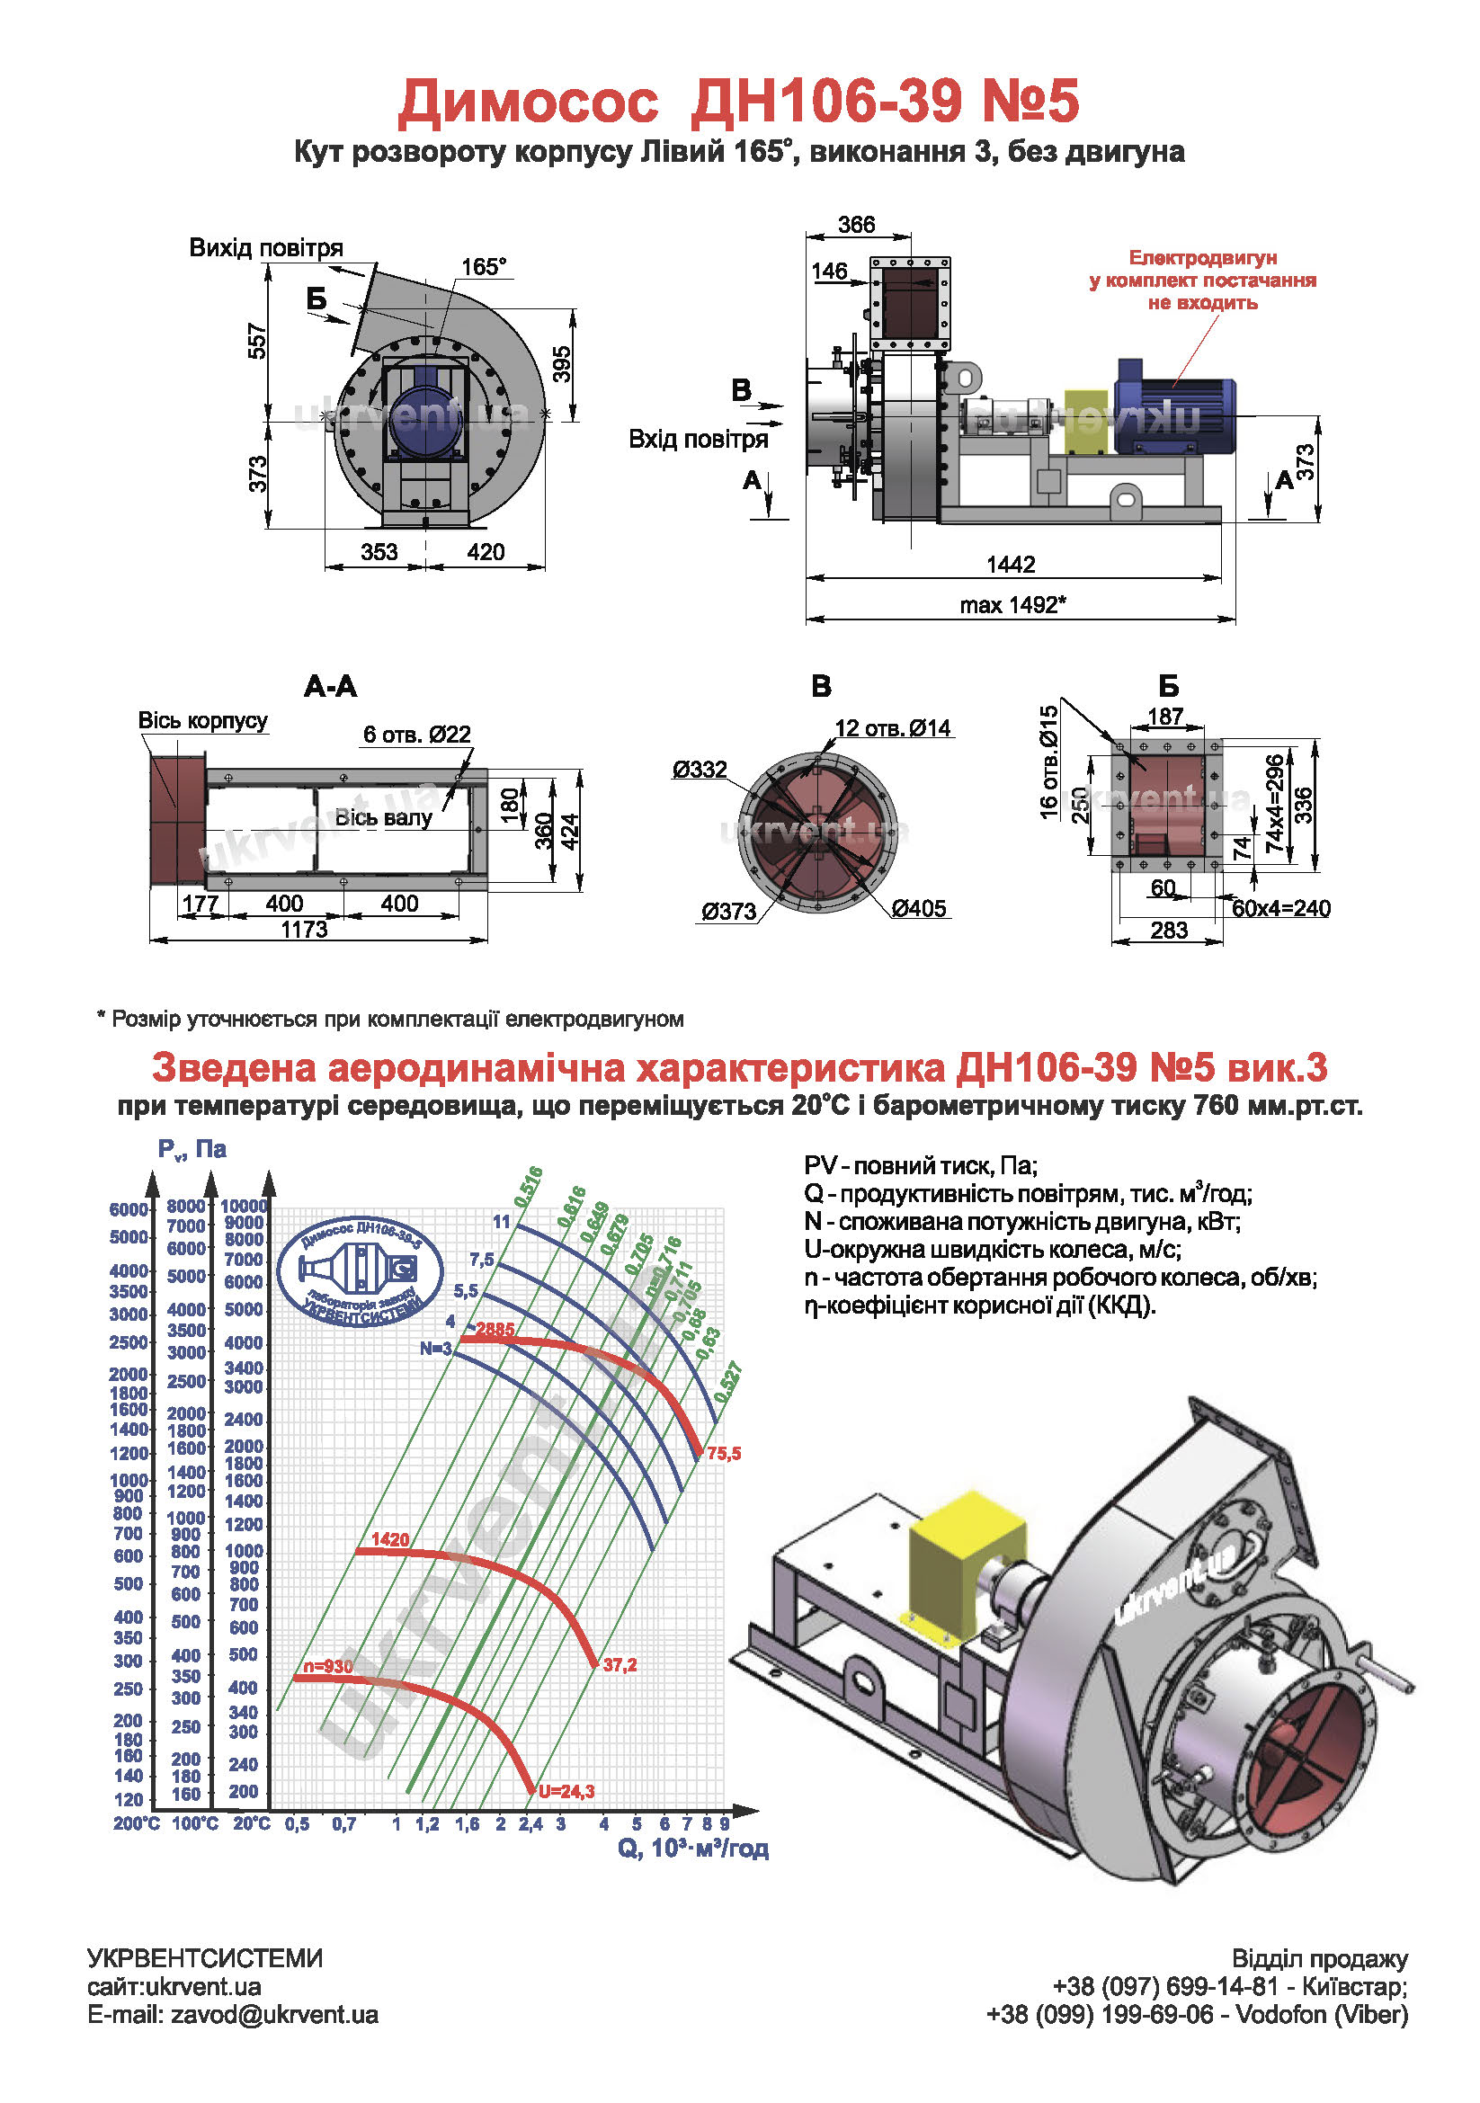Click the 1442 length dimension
(x=1010, y=565)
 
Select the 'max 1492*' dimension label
(x=1013, y=604)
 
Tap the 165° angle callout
(x=484, y=266)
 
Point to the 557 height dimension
(x=258, y=341)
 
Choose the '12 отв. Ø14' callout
(x=893, y=728)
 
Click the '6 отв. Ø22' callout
(x=416, y=734)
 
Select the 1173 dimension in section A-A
(x=304, y=930)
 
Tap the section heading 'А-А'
(x=331, y=686)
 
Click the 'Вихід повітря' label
(x=266, y=247)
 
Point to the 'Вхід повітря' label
(x=698, y=440)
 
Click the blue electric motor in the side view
(x=1173, y=408)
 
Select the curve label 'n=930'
(x=328, y=1666)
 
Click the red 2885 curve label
(x=495, y=1329)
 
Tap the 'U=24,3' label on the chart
(x=566, y=1792)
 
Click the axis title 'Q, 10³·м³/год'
(x=692, y=1848)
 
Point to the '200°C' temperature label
(x=137, y=1823)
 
